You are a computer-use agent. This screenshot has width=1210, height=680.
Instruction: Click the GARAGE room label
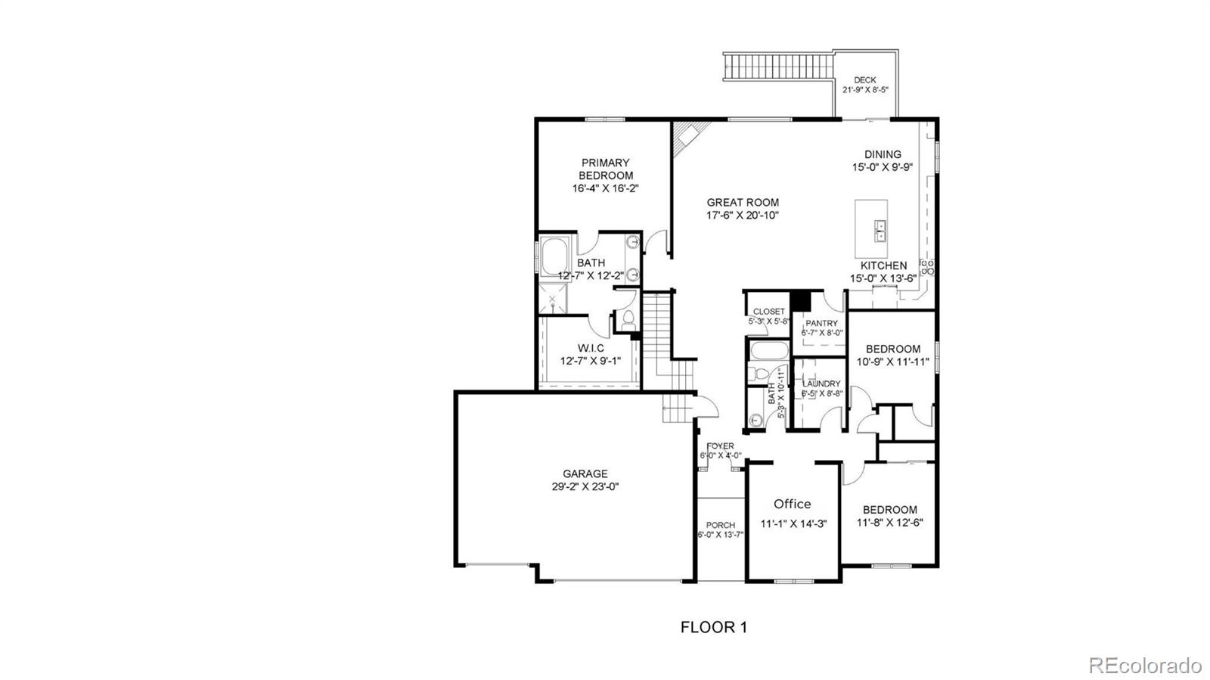tap(585, 474)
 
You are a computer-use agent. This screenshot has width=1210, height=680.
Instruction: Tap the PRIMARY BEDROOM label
tap(606, 169)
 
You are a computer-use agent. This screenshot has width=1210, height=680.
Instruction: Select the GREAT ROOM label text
tap(743, 203)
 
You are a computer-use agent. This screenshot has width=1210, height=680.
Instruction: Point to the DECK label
tap(865, 80)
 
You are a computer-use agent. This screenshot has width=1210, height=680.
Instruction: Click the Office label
tap(793, 504)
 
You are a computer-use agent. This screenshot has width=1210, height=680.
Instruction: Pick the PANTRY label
tap(821, 323)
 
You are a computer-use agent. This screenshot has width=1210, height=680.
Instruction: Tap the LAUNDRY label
tap(821, 383)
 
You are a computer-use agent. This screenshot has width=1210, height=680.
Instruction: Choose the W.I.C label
tap(591, 349)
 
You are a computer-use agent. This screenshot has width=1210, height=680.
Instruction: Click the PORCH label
tap(721, 525)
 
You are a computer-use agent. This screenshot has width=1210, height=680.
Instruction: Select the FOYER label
tap(720, 446)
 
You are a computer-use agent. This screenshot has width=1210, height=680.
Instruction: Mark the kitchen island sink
tap(880, 231)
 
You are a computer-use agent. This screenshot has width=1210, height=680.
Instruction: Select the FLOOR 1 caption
tap(714, 627)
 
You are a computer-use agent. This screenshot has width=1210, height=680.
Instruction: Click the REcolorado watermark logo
tap(1144, 665)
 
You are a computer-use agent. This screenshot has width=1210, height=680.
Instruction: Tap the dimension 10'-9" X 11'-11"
tap(893, 362)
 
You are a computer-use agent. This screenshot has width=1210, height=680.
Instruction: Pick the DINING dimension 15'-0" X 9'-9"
tap(883, 167)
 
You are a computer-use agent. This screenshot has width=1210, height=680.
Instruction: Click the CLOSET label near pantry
tap(768, 312)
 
